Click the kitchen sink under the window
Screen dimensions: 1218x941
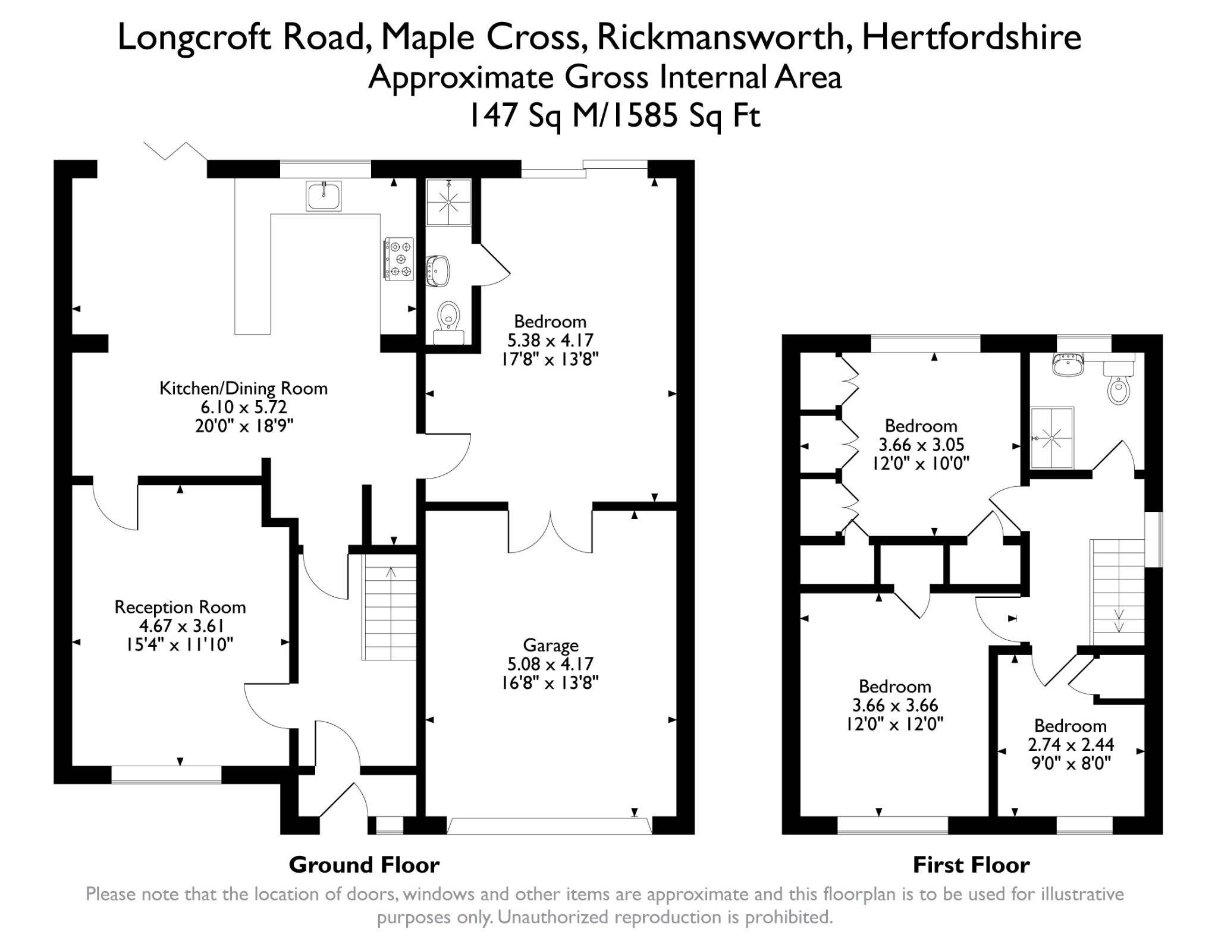pyautogui.click(x=324, y=196)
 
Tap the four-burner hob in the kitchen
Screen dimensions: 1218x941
pyautogui.click(x=398, y=259)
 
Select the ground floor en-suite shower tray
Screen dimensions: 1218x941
pyautogui.click(x=449, y=202)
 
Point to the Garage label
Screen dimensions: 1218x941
pyautogui.click(x=551, y=645)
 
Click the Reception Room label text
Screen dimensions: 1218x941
pyautogui.click(x=180, y=607)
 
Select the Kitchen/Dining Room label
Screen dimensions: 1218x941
pyautogui.click(x=244, y=389)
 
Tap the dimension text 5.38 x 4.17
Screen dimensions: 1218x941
pyautogui.click(x=550, y=340)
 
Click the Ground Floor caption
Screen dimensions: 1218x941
pyautogui.click(x=364, y=864)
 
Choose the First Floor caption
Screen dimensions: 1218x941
pyautogui.click(x=971, y=864)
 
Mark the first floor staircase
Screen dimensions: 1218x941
pyautogui.click(x=1117, y=593)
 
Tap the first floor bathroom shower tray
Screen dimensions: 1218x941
pyautogui.click(x=1052, y=438)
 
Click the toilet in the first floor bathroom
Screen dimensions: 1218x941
pyautogui.click(x=1119, y=383)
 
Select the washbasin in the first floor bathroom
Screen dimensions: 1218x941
pyautogui.click(x=1068, y=364)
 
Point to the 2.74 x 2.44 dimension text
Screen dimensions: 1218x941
pyautogui.click(x=1071, y=744)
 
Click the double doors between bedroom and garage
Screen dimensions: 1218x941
pyautogui.click(x=550, y=531)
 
